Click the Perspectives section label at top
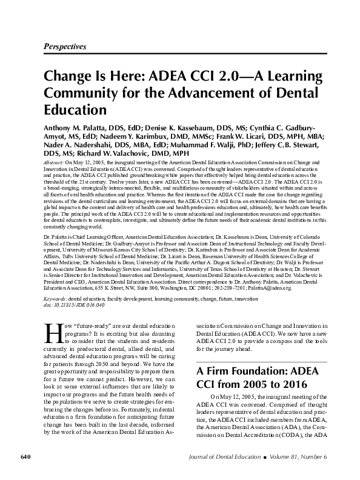click(x=65, y=47)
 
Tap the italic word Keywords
click(x=56, y=299)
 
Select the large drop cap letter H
click(x=52, y=333)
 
